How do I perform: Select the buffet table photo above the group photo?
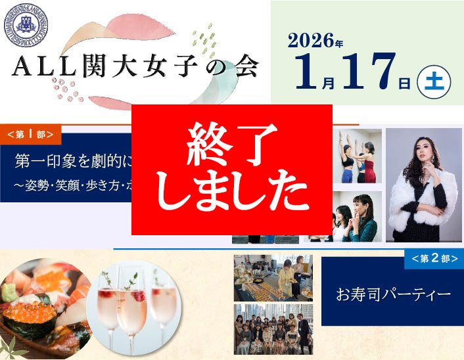click(273, 278)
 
